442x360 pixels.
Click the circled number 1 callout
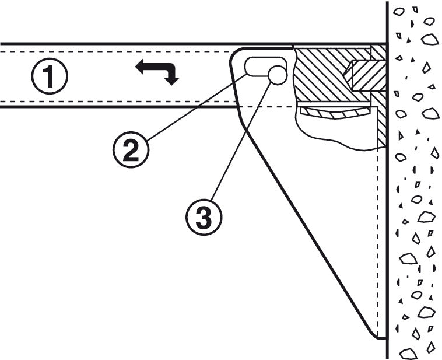tap(50, 76)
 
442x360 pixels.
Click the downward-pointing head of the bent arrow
tap(171, 80)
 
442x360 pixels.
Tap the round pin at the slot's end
tap(277, 74)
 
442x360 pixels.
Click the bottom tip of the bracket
tap(376, 337)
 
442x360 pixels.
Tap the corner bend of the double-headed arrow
tap(170, 68)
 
